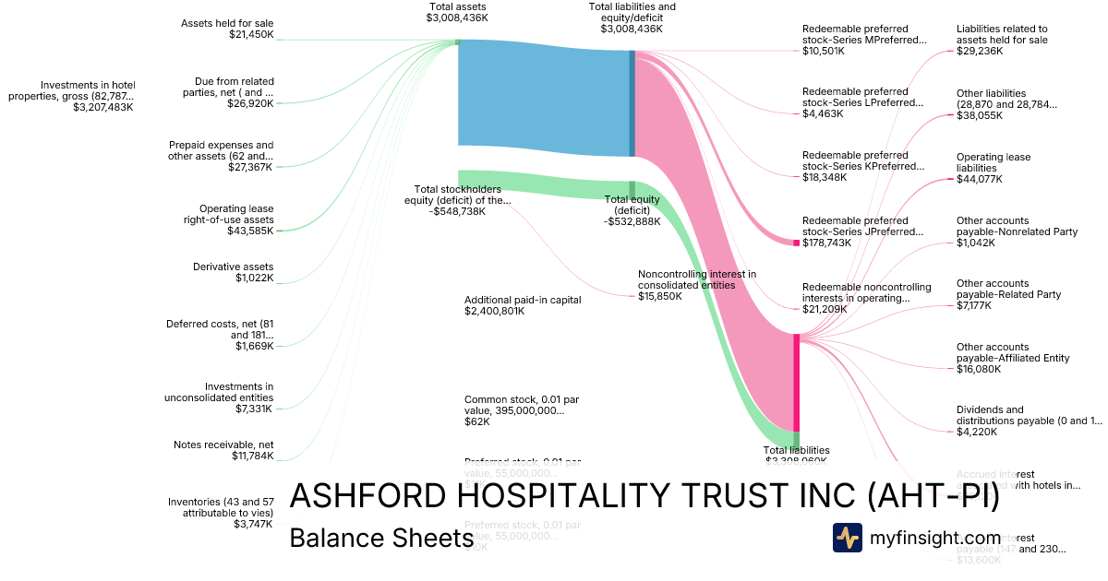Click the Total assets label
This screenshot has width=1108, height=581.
click(457, 6)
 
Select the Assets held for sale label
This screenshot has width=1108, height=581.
click(227, 23)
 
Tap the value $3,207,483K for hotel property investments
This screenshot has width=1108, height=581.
click(102, 107)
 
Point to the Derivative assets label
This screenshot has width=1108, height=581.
click(233, 267)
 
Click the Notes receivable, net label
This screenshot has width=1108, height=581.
click(223, 445)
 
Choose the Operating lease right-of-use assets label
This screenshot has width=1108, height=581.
click(236, 214)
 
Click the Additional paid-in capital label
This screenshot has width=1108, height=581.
click(523, 300)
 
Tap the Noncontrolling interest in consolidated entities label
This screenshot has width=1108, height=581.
click(696, 279)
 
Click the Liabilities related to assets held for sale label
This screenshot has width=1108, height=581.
click(1002, 34)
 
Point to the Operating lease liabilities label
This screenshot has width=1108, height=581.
click(994, 162)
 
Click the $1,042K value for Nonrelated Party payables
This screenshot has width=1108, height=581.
click(976, 243)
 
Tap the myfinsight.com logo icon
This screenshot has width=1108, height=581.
click(847, 538)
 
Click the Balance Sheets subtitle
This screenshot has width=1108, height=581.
click(381, 538)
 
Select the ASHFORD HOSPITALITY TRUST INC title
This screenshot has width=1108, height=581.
click(644, 496)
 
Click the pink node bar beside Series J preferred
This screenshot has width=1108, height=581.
click(796, 242)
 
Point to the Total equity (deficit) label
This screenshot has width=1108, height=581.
click(633, 204)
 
